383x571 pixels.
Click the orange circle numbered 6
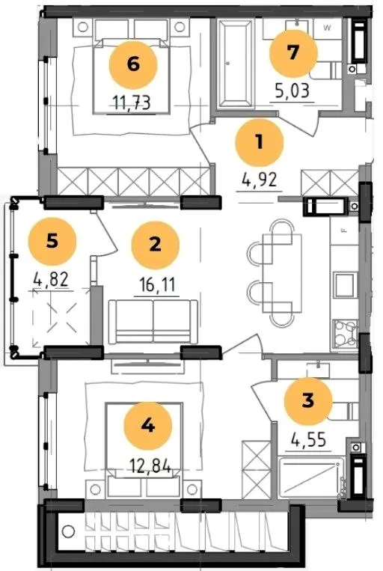[x=133, y=65]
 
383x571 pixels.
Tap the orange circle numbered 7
[x=293, y=54]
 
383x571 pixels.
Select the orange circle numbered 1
[x=260, y=142]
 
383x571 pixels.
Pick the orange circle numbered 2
[x=156, y=245]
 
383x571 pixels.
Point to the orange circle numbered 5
[x=52, y=241]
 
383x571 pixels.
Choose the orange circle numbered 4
[x=148, y=426]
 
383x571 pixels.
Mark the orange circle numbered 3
[x=308, y=400]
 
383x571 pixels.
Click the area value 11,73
[x=132, y=103]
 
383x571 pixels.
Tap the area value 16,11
[x=157, y=285]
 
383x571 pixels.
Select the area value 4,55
[x=308, y=440]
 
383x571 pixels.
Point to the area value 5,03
[x=292, y=91]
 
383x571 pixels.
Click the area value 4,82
[x=51, y=280]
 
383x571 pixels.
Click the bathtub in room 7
[x=235, y=64]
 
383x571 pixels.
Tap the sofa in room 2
[x=153, y=322]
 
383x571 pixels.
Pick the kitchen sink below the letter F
[x=344, y=284]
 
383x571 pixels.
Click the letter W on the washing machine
[x=328, y=28]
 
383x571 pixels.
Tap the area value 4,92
[x=260, y=180]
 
